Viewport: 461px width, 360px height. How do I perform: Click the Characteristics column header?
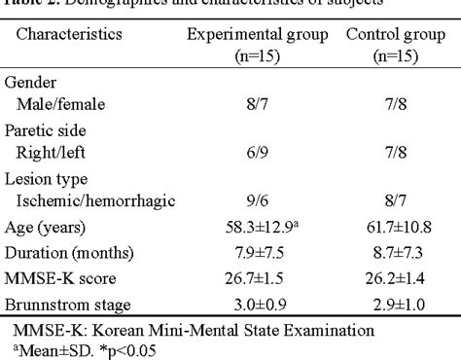67,34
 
